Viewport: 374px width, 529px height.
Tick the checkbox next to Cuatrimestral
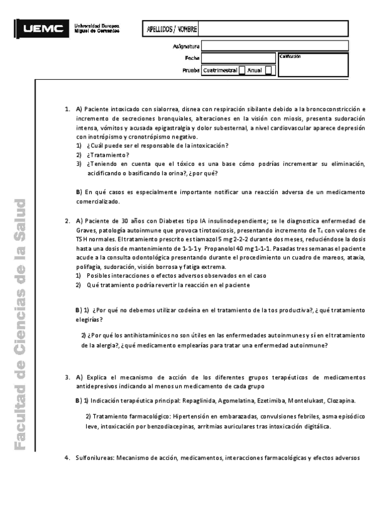pos(242,70)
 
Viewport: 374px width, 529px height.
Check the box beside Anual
pos(268,70)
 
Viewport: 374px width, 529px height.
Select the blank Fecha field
pos(238,58)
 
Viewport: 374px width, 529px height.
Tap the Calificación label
pos(290,56)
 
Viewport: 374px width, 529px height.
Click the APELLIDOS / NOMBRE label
pos(171,29)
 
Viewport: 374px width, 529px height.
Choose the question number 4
pos(66,458)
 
